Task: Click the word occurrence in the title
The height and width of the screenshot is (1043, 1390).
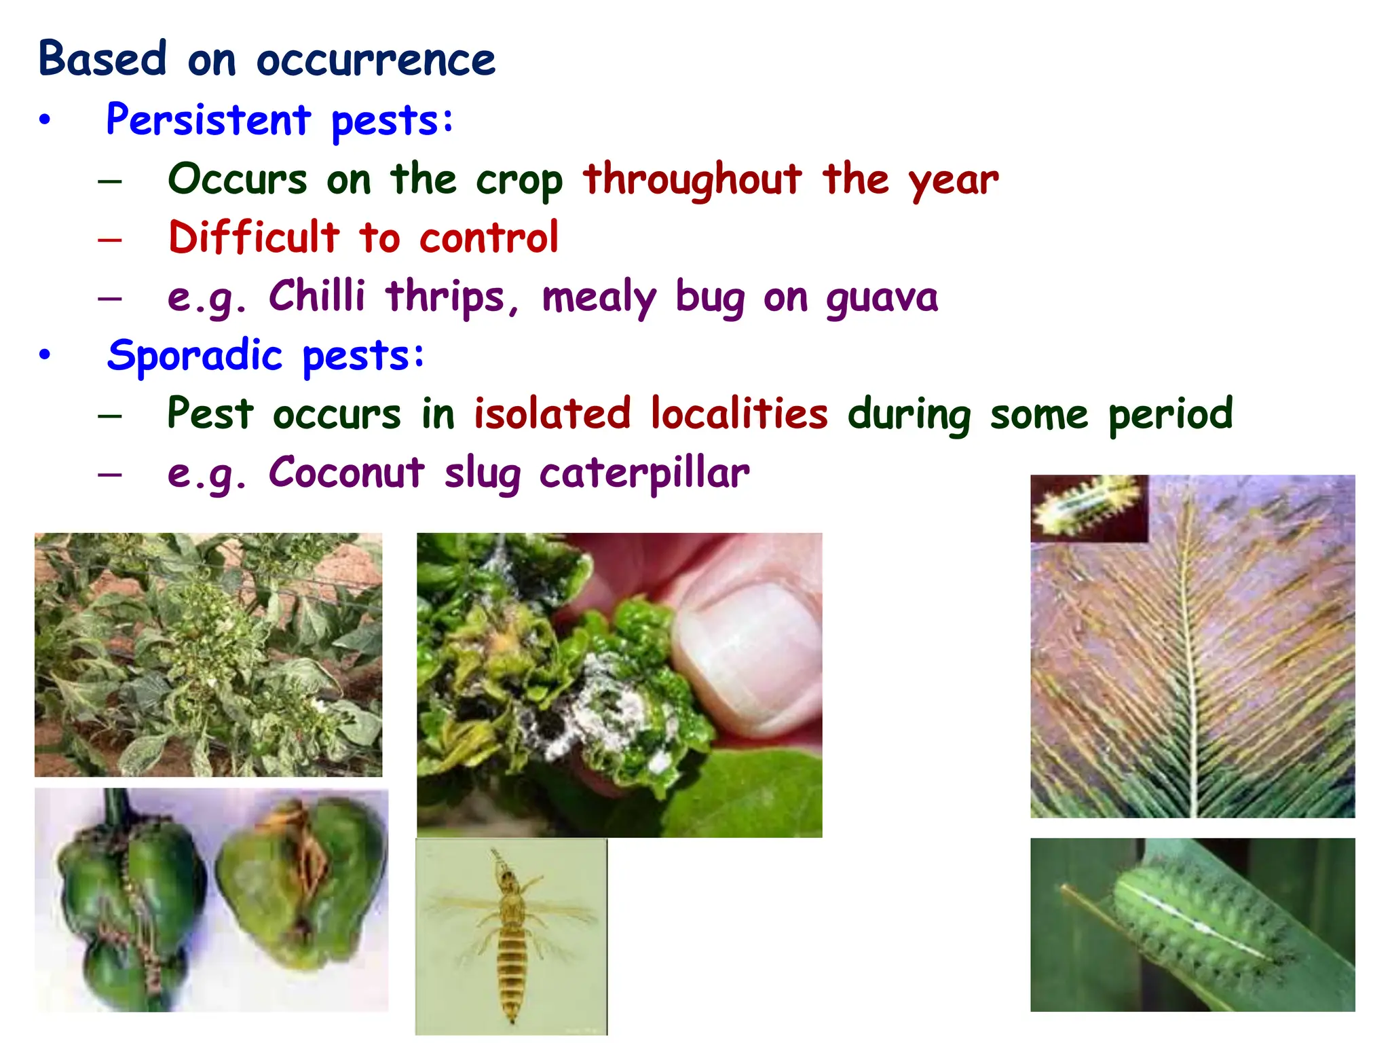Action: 375,60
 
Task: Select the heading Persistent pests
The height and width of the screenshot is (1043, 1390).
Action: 279,120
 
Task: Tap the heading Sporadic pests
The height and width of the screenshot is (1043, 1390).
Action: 265,355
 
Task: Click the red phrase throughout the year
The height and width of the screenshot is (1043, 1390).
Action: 790,180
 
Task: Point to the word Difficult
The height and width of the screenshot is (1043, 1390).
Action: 253,238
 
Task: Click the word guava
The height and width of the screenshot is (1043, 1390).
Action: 882,297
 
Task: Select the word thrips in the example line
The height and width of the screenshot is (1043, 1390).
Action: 445,297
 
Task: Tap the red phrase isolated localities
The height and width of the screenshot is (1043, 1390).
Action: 650,414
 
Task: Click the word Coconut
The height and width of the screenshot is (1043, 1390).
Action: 346,473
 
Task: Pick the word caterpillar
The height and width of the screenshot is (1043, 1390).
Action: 644,473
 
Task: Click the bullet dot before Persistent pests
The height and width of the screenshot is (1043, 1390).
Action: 45,121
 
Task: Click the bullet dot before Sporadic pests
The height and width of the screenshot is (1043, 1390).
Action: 45,355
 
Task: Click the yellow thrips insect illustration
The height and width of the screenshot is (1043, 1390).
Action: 510,937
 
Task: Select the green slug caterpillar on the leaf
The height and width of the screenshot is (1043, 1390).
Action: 1198,927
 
